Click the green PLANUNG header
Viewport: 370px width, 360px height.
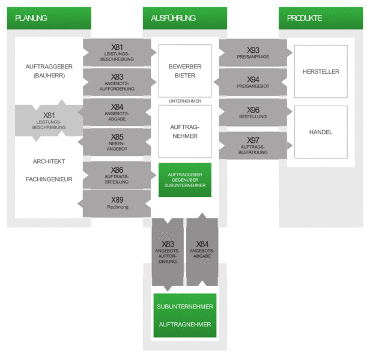point(49,18)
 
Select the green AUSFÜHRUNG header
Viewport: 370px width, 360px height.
point(185,18)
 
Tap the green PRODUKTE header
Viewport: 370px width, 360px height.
point(321,18)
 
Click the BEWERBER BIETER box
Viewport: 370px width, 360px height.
point(185,71)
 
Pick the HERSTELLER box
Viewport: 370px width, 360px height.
point(321,71)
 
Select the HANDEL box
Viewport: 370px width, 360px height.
point(321,132)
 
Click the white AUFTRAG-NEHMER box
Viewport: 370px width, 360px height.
point(185,131)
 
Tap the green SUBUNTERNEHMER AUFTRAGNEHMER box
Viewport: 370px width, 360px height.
point(185,316)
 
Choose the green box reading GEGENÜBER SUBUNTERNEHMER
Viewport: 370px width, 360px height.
point(185,180)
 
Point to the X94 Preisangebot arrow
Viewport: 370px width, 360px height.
point(250,82)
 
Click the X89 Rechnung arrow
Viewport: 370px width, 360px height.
point(114,203)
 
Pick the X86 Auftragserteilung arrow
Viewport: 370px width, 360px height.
point(120,175)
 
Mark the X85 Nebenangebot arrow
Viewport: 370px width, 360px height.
point(114,142)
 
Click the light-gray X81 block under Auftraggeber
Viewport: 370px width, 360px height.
point(49,121)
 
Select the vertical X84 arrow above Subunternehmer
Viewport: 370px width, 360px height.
point(202,250)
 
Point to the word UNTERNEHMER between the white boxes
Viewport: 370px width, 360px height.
point(185,101)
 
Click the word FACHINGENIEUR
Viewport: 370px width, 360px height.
point(49,179)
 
